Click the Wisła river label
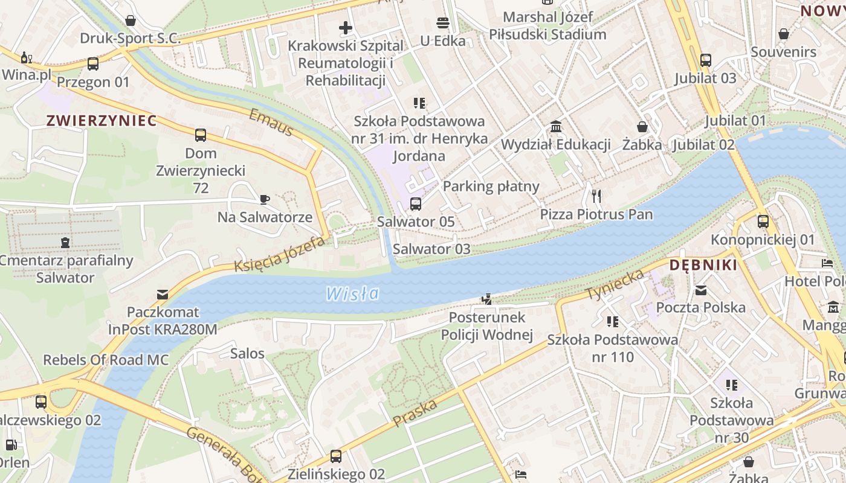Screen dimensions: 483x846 pos(352,294)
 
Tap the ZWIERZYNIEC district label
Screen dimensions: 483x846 pos(102,121)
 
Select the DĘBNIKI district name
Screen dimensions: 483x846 pos(703,265)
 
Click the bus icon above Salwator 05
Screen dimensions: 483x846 pos(416,204)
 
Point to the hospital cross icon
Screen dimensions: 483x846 pos(346,28)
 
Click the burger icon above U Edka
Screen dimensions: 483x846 pos(443,24)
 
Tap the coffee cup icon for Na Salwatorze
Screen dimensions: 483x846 pos(264,199)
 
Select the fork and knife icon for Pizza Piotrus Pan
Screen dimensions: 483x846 pos(596,196)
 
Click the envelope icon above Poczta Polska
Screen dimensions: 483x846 pos(701,290)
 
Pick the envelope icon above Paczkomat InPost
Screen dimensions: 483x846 pos(162,295)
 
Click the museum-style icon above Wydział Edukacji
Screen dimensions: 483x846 pos(556,127)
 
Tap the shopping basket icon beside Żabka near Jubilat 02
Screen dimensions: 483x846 pos(642,127)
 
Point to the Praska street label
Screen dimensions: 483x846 pos(415,413)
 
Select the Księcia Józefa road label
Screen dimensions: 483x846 pos(280,254)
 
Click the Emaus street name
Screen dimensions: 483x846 pos(271,122)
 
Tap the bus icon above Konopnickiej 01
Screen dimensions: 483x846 pos(763,222)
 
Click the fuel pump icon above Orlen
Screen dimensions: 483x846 pos(11,445)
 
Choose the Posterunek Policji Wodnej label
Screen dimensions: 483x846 pos(486,326)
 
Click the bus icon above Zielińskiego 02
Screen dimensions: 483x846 pos(336,456)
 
